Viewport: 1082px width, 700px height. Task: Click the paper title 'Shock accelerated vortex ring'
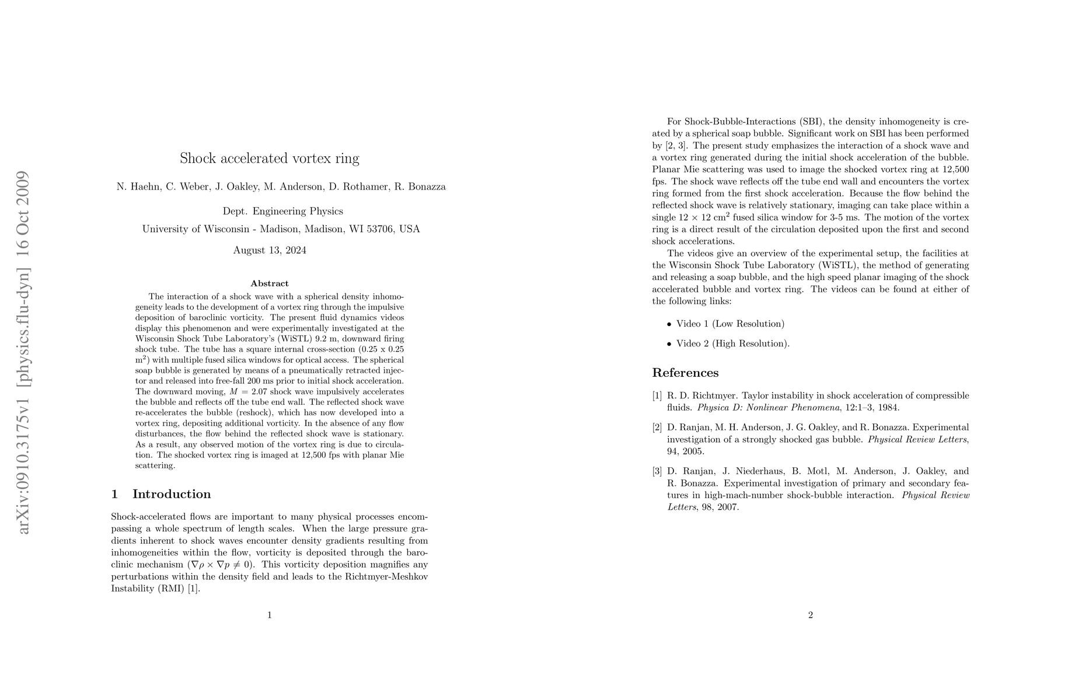pyautogui.click(x=269, y=159)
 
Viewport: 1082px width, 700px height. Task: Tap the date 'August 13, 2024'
pyautogui.click(x=269, y=251)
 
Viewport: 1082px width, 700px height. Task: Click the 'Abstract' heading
pyautogui.click(x=269, y=283)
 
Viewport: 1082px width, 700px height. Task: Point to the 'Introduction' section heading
pyautogui.click(x=172, y=494)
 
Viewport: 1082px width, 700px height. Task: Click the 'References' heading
pyautogui.click(x=685, y=373)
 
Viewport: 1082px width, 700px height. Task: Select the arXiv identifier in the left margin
pyautogui.click(x=24, y=352)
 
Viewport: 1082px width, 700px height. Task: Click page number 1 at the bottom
pyautogui.click(x=269, y=615)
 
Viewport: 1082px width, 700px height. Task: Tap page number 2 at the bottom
pyautogui.click(x=810, y=615)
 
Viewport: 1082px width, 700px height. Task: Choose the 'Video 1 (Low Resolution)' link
pyautogui.click(x=730, y=324)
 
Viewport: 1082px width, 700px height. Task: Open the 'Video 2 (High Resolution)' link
pyautogui.click(x=732, y=344)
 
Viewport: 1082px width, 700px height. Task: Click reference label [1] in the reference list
pyautogui.click(x=657, y=396)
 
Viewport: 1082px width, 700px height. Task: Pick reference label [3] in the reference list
pyautogui.click(x=657, y=471)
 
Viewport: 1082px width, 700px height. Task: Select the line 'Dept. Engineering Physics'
pyautogui.click(x=282, y=211)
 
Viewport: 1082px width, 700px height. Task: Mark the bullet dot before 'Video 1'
pyautogui.click(x=669, y=324)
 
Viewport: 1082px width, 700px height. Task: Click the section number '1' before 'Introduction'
pyautogui.click(x=114, y=494)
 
